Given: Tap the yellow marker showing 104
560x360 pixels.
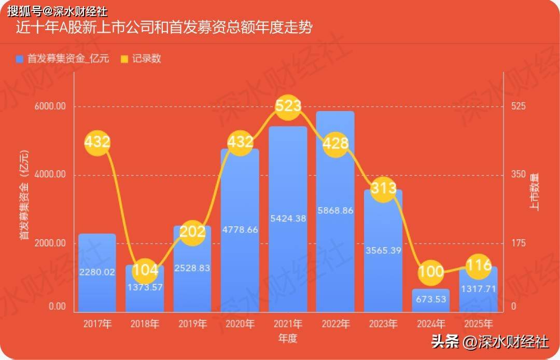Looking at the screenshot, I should coord(145,270).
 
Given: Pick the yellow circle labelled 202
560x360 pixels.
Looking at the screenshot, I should coord(192,232).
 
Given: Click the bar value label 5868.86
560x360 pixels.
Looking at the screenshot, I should coord(335,211).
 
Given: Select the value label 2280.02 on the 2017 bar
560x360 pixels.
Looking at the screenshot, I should coord(97,272).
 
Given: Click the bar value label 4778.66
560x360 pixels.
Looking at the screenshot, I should coord(240,230).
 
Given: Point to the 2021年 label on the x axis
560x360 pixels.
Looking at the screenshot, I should coord(288,324).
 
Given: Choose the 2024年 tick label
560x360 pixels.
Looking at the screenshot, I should coord(430,324).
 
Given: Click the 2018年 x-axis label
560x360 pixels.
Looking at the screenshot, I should coord(145,324).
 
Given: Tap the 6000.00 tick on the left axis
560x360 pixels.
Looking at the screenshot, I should coord(50,106).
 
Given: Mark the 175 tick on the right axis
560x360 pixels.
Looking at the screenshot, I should coord(519,243).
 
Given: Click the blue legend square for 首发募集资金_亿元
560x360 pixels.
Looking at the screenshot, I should coord(20,59).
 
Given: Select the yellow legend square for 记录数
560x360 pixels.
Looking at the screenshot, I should coord(124,59).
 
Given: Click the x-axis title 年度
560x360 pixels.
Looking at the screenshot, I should coord(288,338).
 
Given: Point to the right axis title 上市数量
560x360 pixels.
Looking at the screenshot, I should coord(534,192).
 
